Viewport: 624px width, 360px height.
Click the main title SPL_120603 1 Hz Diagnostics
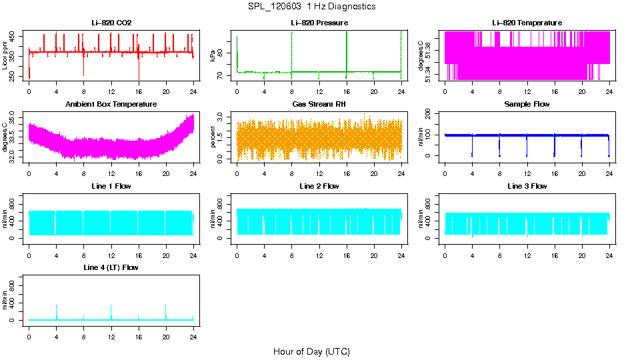311,6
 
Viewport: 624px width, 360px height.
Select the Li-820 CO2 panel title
111,23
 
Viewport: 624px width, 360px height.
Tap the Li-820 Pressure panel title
319,23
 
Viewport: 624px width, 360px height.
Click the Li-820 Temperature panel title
527,23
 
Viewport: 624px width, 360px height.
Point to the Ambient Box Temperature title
111,105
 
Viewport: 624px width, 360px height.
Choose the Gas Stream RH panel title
319,105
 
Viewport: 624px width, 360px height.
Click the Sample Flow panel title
527,105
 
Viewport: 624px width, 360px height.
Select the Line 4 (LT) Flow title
111,268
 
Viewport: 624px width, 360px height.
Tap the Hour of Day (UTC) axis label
311,351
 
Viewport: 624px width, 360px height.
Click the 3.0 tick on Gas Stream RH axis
223,117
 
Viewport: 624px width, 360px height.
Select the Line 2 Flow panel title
319,186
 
